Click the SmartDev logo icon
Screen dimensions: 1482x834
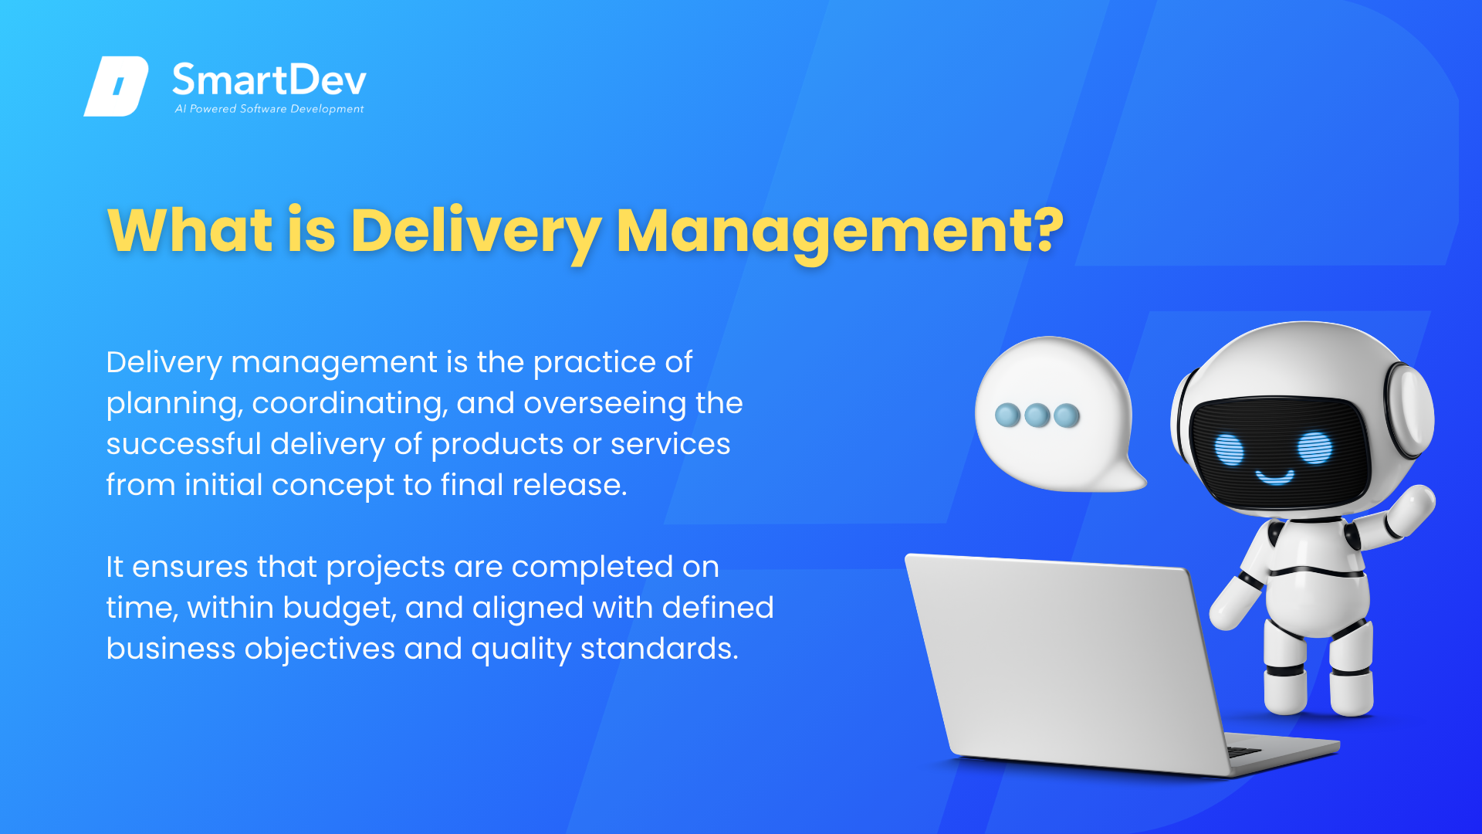[x=116, y=86]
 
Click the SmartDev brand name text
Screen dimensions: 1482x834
[x=269, y=80]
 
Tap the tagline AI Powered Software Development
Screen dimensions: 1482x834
[x=269, y=109]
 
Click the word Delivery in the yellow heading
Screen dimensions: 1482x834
[x=475, y=232]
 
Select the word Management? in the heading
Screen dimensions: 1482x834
[x=840, y=232]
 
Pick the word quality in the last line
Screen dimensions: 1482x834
[x=521, y=649]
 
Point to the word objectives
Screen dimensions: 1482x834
[x=320, y=649]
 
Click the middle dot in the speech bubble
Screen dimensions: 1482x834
[x=1037, y=415]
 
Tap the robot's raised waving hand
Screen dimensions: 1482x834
[x=1411, y=510]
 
